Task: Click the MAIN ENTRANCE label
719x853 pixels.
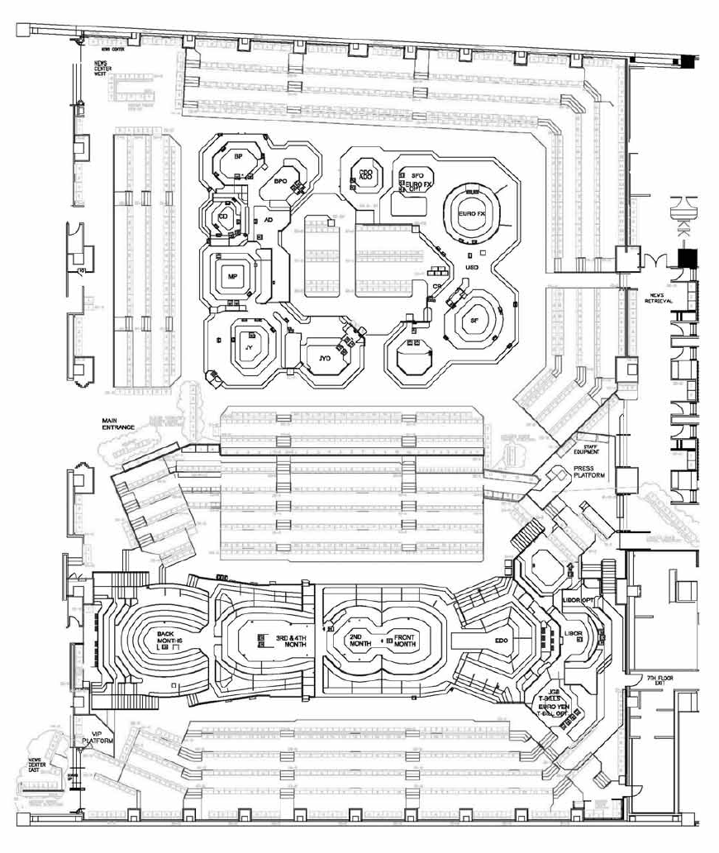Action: pos(120,423)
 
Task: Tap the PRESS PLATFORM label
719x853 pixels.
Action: pos(588,472)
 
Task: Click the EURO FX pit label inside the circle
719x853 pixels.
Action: pos(471,213)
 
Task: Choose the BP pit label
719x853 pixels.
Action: pos(238,156)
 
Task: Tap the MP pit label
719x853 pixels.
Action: pos(233,278)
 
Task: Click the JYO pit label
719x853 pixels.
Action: pos(325,358)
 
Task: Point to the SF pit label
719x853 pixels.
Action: pos(474,320)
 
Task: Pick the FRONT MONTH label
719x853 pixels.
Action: pos(404,641)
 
